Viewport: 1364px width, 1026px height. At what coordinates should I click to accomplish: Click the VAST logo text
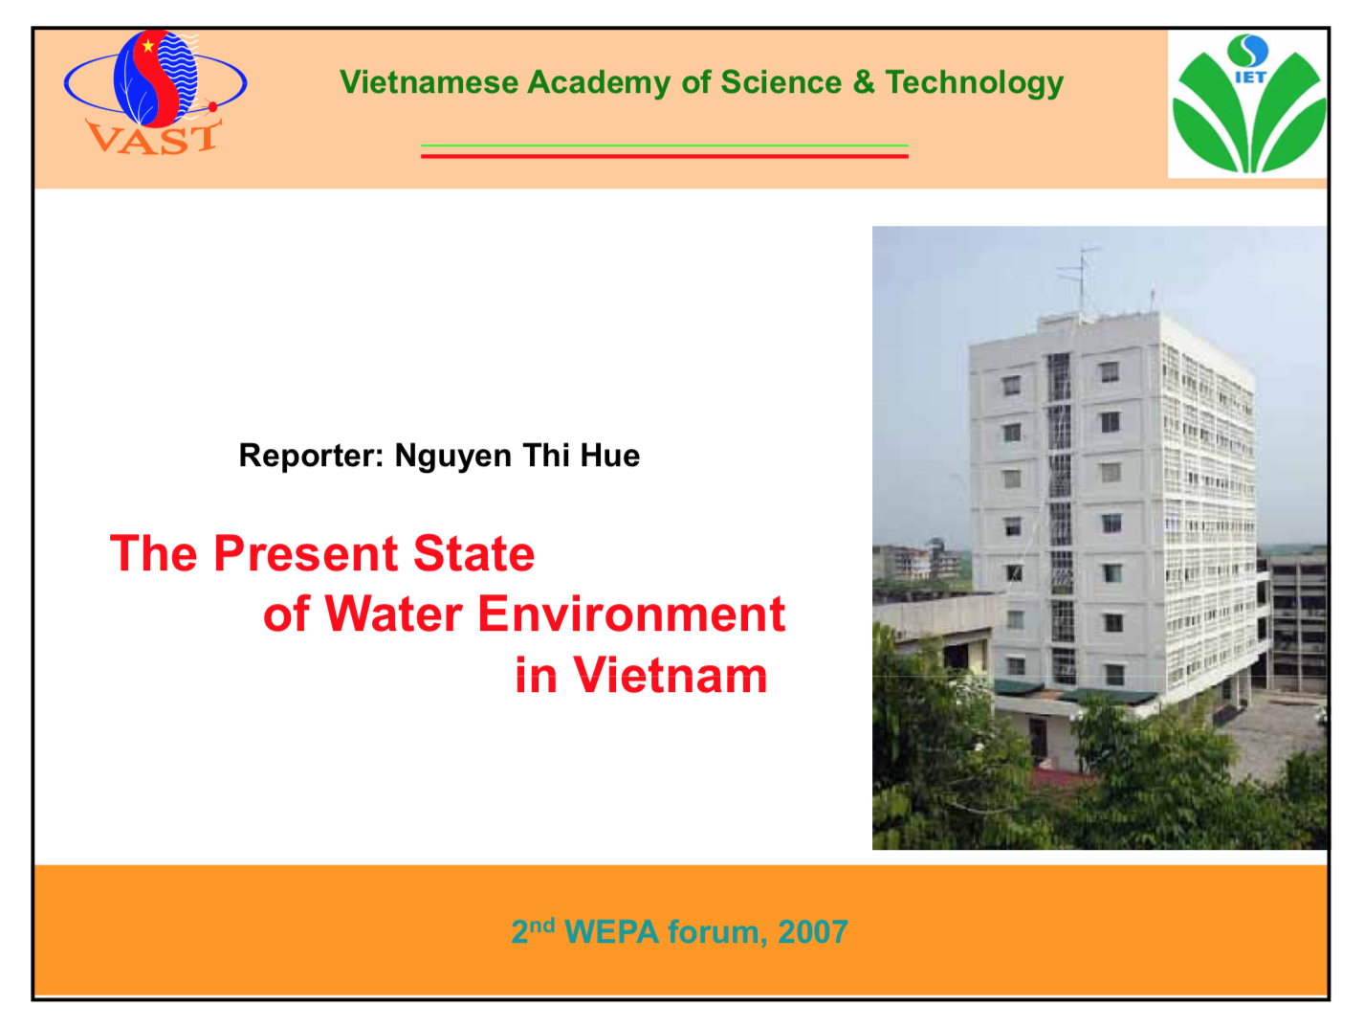153,138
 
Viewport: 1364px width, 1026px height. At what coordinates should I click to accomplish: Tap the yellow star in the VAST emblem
148,45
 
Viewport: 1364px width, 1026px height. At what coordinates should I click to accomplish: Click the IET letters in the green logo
1250,78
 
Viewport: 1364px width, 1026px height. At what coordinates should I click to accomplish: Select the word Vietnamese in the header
429,82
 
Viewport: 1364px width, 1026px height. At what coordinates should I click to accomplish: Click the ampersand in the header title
864,82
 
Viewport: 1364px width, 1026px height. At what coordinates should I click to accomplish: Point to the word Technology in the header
975,83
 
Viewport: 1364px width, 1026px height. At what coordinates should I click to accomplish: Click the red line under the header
664,155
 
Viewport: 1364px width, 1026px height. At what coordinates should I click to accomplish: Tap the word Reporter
311,456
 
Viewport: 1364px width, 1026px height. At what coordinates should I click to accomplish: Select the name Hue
609,456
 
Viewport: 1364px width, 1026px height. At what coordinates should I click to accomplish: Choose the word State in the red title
473,553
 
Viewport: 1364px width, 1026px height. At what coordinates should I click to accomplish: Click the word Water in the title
393,614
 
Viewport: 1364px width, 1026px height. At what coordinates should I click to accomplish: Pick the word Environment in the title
631,614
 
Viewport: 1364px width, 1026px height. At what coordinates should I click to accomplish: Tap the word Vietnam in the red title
670,676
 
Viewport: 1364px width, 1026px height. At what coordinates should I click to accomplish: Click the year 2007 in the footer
813,931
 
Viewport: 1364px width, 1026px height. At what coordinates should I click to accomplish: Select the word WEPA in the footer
611,931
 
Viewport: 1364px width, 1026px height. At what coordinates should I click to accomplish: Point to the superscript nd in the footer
542,926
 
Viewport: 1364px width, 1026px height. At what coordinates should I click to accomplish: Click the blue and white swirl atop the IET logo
1248,51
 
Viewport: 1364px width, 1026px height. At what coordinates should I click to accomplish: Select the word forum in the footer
714,931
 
